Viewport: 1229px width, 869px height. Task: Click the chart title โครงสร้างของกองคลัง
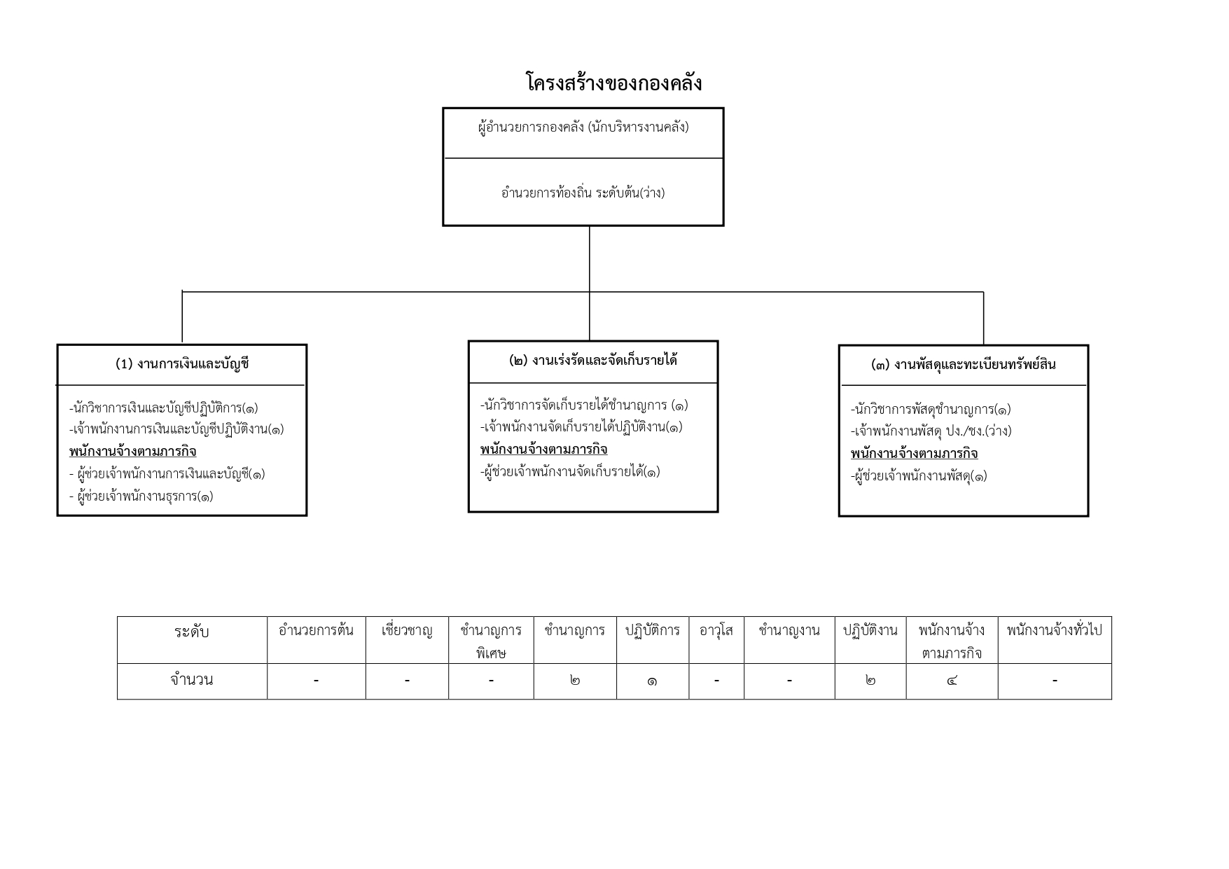coord(613,83)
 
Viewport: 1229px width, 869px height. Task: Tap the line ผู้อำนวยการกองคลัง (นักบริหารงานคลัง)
coord(583,127)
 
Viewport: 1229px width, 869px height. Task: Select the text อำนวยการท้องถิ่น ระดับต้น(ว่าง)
coord(583,192)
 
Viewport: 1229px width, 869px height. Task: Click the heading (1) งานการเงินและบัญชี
coord(182,363)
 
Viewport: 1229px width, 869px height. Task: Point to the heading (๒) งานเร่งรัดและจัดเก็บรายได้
coord(593,361)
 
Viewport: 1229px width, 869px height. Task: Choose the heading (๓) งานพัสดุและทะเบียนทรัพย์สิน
coord(964,364)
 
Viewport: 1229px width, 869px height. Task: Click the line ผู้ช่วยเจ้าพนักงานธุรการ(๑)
coord(141,496)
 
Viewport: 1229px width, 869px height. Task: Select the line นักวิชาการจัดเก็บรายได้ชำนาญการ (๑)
coord(585,405)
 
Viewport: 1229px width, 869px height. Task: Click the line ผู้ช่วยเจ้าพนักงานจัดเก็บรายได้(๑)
coord(571,472)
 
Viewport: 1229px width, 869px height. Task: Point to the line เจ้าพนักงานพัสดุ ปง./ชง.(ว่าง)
coord(931,431)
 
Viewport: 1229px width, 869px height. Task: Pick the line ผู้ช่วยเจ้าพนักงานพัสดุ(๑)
coord(919,476)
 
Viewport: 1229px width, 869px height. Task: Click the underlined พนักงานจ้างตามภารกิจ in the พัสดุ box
coord(915,453)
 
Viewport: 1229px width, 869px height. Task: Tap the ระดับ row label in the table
coord(192,632)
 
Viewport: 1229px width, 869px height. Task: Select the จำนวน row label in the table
coord(192,680)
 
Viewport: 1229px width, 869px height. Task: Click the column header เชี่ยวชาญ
coord(407,630)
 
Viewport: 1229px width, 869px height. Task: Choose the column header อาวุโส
coord(716,630)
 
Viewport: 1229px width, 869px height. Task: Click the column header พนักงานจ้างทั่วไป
coord(1055,630)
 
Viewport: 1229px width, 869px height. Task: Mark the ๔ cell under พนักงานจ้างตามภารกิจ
coord(952,681)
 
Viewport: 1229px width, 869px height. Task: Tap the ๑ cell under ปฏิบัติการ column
coord(652,681)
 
